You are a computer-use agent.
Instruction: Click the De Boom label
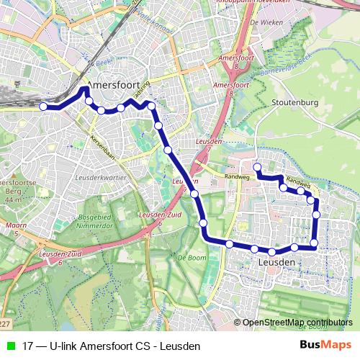pyautogui.click(x=192, y=257)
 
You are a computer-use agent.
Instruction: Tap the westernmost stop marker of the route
pyautogui.click(x=43, y=107)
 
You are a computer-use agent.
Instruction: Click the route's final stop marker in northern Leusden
pyautogui.click(x=257, y=167)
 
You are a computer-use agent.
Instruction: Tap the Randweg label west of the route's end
pyautogui.click(x=235, y=176)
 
